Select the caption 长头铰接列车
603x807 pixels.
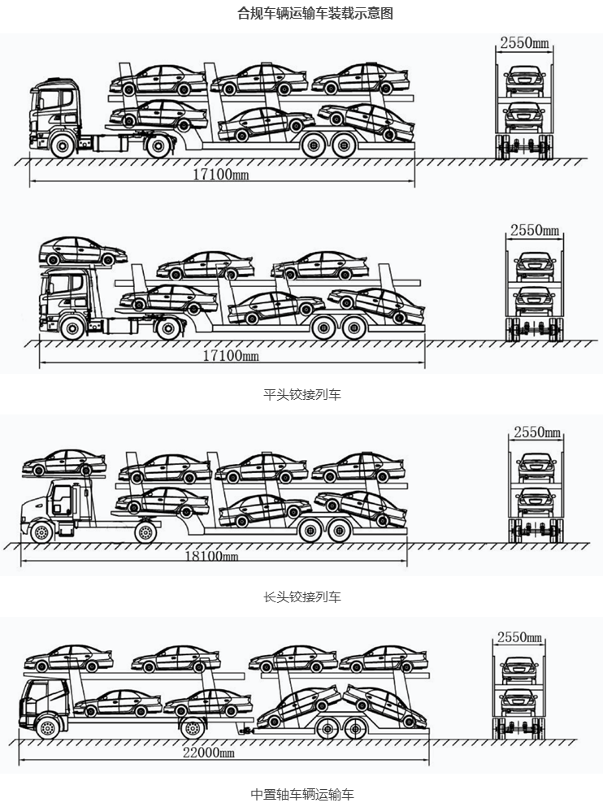coord(302,597)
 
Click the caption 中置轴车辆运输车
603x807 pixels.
coord(302,794)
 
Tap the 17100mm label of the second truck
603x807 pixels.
coord(230,355)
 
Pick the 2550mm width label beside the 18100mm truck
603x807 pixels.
coord(535,432)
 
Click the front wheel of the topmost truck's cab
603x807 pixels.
coord(61,147)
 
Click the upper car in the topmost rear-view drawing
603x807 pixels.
coord(523,80)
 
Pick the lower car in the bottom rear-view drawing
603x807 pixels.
coord(519,701)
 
